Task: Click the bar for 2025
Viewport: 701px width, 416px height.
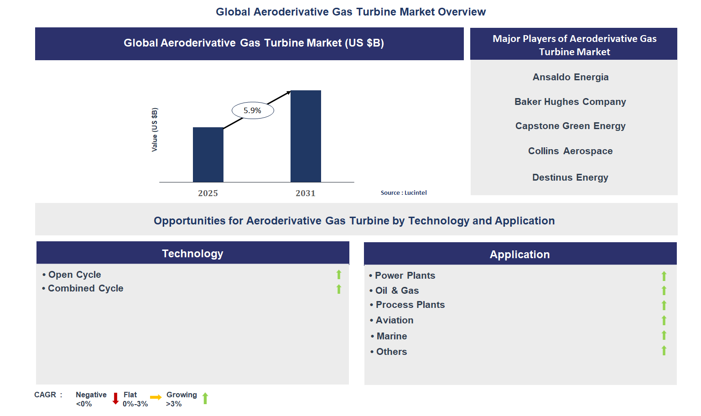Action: point(208,155)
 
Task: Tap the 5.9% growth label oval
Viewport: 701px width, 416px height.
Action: point(253,110)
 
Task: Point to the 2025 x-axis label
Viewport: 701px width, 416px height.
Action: point(208,193)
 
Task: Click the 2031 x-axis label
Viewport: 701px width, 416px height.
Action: point(306,193)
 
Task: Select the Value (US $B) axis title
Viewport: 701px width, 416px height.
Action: point(155,130)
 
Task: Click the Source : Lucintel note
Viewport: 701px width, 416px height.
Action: point(404,193)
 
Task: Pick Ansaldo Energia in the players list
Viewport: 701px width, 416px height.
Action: point(571,77)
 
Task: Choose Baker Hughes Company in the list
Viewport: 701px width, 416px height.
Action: point(570,102)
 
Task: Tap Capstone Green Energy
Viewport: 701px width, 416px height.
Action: point(570,126)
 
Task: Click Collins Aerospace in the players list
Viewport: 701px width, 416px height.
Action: point(570,151)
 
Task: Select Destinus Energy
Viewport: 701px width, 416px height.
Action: point(570,177)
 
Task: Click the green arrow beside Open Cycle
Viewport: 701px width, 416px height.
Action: point(339,275)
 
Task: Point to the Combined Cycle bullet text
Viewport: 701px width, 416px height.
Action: point(85,288)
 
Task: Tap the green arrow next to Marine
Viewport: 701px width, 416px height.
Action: point(664,335)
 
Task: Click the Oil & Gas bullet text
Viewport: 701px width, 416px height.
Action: point(397,291)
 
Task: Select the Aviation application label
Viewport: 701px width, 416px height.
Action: point(395,320)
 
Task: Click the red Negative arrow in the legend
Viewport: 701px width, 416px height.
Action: point(115,399)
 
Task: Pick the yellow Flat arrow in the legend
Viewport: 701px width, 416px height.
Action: point(156,397)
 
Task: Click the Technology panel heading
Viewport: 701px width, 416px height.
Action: point(192,254)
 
